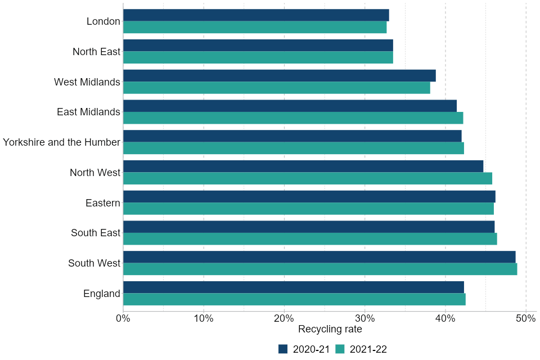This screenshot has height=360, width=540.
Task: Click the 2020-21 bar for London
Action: (x=256, y=15)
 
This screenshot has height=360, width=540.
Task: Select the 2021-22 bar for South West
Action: (x=320, y=269)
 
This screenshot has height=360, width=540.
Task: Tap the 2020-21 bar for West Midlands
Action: (x=279, y=75)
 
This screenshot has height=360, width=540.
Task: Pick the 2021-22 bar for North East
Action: (x=258, y=57)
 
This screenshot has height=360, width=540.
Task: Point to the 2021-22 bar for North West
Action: (x=308, y=178)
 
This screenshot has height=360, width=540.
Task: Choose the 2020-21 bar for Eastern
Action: (x=309, y=196)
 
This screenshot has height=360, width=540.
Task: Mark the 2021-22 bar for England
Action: (x=294, y=299)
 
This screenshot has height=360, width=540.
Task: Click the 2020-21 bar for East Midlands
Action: (x=290, y=106)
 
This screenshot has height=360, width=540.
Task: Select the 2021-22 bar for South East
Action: (x=310, y=239)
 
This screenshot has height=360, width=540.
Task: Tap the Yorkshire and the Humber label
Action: (x=61, y=142)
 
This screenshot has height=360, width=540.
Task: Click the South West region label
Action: (x=94, y=263)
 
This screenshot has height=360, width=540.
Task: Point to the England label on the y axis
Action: (x=102, y=294)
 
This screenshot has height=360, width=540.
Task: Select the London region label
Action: (x=103, y=21)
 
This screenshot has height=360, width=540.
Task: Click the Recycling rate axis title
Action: (x=330, y=329)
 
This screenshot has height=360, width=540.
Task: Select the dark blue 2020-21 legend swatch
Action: (x=283, y=349)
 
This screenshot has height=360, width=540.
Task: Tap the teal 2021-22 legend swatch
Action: (x=340, y=349)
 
